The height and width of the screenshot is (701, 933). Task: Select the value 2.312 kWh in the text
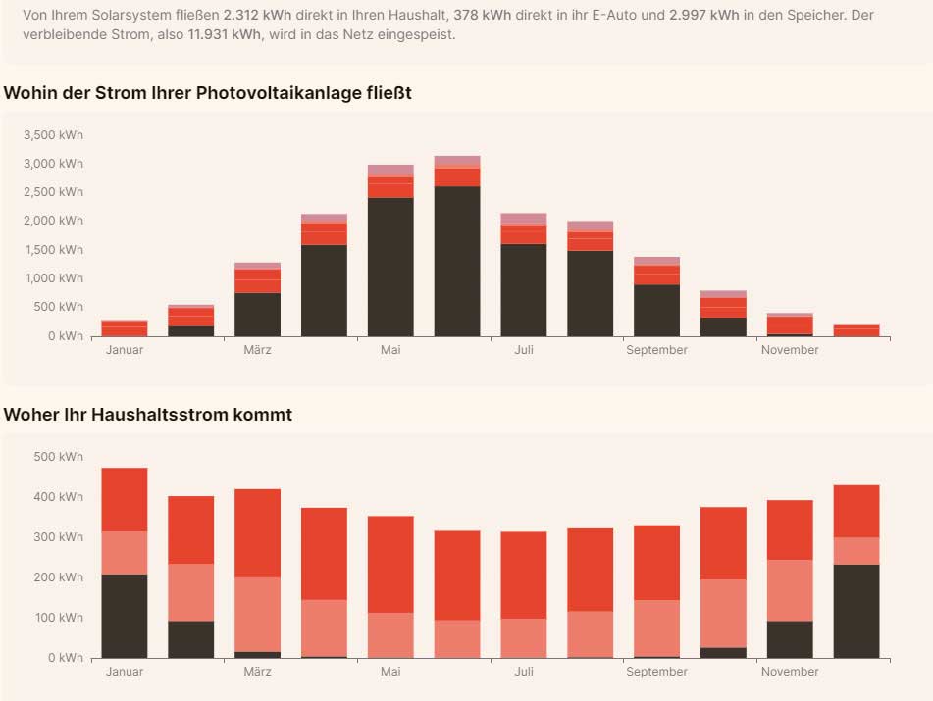click(256, 16)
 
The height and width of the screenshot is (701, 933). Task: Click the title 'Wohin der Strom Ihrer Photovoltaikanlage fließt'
click(207, 93)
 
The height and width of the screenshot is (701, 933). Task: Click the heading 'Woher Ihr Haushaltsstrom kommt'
click(147, 415)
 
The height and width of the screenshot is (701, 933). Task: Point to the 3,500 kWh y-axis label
click(54, 135)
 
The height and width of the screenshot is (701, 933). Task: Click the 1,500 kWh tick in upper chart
click(54, 250)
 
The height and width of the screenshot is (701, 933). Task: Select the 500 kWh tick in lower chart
click(59, 457)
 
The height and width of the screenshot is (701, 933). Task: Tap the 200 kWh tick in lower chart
click(59, 577)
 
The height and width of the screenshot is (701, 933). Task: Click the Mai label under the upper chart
click(390, 350)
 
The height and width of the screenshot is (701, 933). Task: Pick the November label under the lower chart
click(789, 672)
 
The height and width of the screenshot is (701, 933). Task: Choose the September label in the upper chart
click(656, 350)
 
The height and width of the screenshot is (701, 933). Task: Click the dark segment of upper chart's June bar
click(457, 261)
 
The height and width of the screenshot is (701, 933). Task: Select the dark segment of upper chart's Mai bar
click(390, 267)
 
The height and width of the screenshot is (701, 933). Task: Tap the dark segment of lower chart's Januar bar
click(125, 616)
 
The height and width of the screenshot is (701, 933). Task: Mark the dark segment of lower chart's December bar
click(856, 611)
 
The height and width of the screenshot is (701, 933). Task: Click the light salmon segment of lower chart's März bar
click(257, 614)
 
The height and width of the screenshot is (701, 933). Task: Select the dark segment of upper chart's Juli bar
click(524, 290)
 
